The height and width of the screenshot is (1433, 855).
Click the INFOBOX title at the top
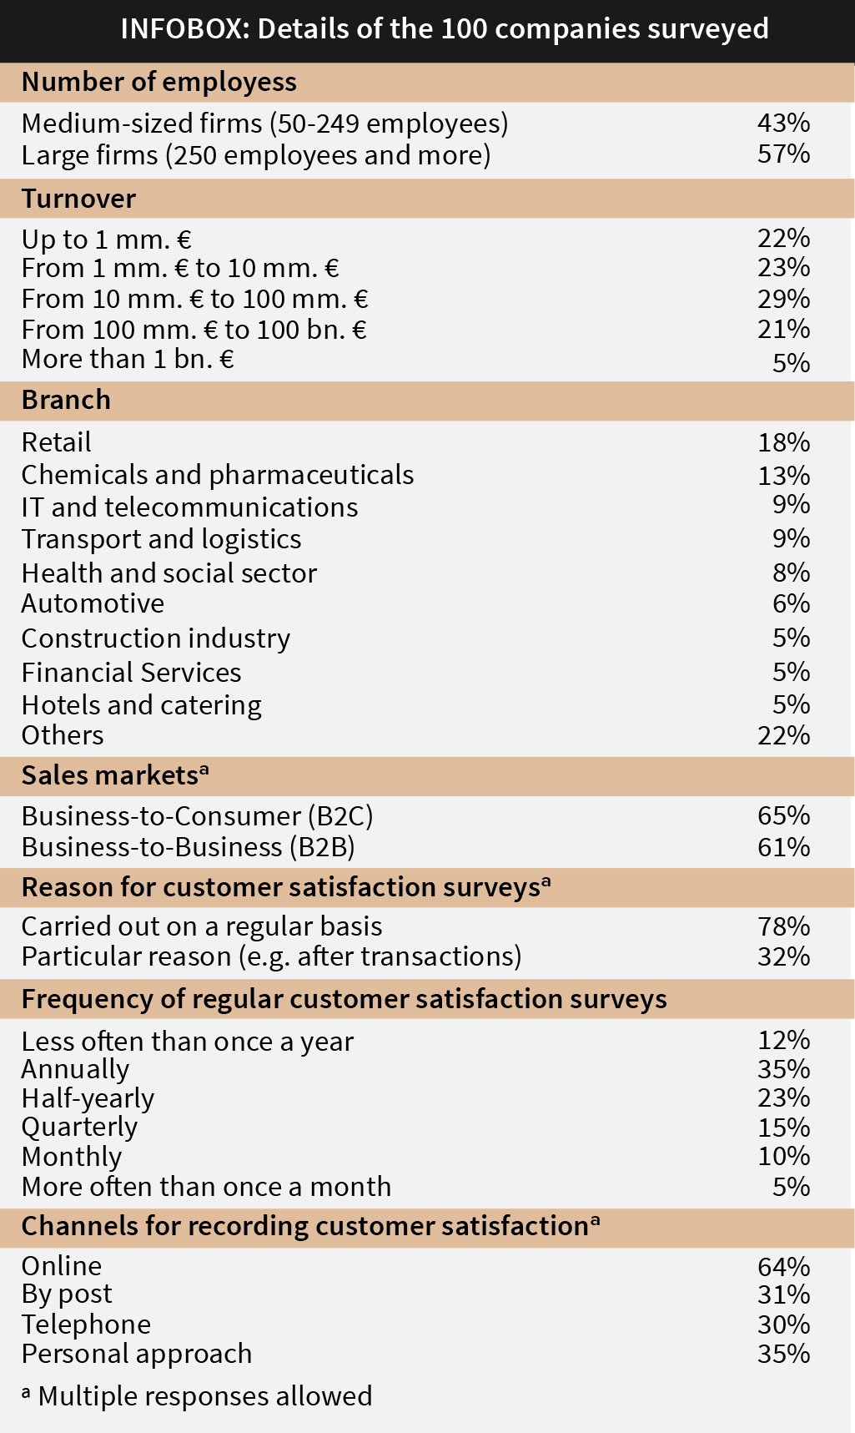[x=444, y=29]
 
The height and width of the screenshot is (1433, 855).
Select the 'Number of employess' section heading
[x=158, y=82]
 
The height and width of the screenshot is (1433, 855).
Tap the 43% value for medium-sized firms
[x=783, y=123]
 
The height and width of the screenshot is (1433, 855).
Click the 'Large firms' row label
[x=255, y=155]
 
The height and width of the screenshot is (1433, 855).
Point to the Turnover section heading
[x=78, y=199]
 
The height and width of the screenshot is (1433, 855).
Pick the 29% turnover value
[x=783, y=299]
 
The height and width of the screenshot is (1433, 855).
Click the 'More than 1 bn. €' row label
[x=128, y=359]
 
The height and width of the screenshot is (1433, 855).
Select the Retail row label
[x=57, y=442]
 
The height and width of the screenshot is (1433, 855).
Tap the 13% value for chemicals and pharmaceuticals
[x=783, y=475]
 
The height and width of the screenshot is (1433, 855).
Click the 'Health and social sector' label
[x=169, y=573]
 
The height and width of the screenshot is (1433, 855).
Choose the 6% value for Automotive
[x=791, y=603]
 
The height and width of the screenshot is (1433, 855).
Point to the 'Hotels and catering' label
[x=142, y=705]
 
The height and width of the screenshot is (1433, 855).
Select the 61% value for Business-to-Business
[x=783, y=847]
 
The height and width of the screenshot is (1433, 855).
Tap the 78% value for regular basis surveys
[x=783, y=926]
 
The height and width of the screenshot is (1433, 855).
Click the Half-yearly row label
[x=88, y=1098]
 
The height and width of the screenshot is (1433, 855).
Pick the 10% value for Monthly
[x=783, y=1157]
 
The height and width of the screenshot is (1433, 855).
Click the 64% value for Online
[x=783, y=1267]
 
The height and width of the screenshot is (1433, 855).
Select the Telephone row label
[x=86, y=1325]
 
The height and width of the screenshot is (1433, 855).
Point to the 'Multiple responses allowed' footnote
[x=197, y=1395]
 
